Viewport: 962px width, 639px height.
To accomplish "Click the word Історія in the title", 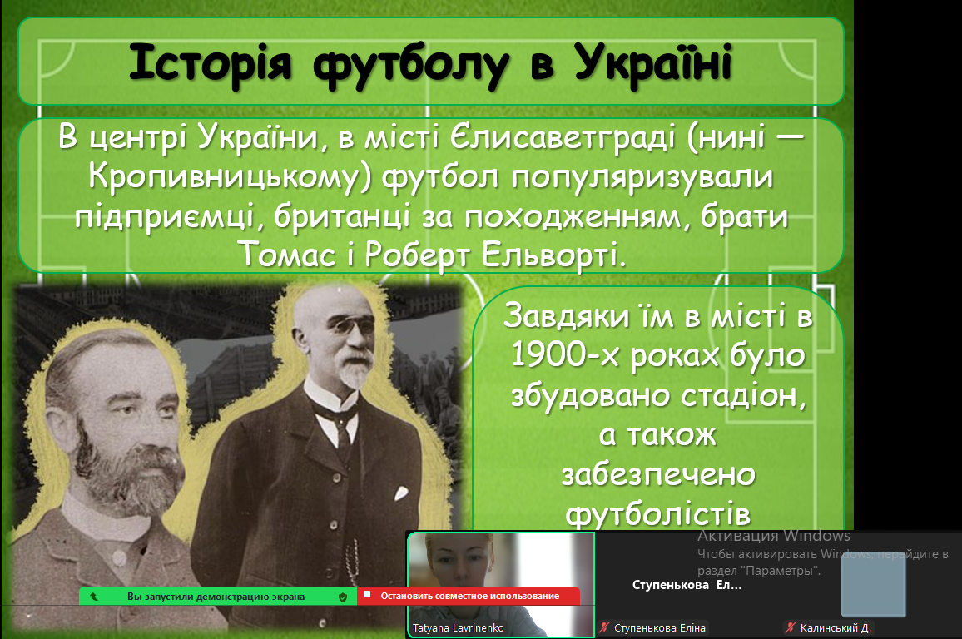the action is (x=210, y=62).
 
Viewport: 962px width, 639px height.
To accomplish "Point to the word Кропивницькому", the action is (x=230, y=178).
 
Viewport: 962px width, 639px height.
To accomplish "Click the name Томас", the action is (x=287, y=254).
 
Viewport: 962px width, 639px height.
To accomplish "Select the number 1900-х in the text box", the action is (x=563, y=355).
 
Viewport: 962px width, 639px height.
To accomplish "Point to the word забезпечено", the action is (x=658, y=474).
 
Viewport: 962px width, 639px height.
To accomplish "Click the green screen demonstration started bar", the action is (x=218, y=596).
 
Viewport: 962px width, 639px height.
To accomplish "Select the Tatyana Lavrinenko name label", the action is (x=459, y=628).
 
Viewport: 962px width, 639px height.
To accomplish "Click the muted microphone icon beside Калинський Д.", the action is (x=791, y=627).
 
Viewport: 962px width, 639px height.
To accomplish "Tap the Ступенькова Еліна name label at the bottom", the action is (x=660, y=628).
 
